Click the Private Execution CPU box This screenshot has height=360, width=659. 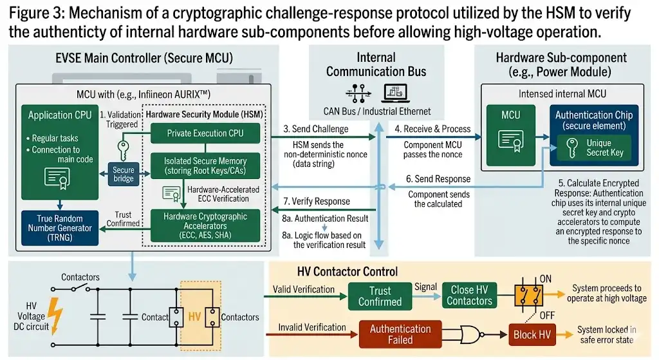click(205, 133)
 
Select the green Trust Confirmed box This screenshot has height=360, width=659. click(380, 296)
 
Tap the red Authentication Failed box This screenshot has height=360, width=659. click(400, 334)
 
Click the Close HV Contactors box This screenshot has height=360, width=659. click(469, 296)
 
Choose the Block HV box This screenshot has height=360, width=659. click(534, 335)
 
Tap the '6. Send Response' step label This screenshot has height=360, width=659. click(438, 178)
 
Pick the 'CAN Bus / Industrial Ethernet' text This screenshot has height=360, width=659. click(376, 111)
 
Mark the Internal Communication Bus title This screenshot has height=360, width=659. click(376, 64)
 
